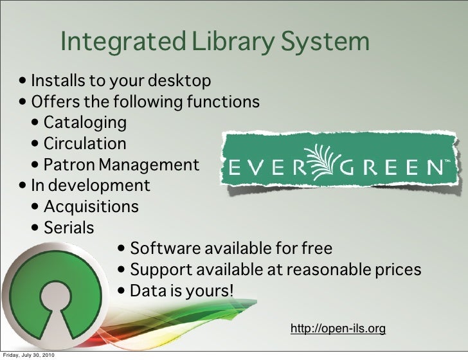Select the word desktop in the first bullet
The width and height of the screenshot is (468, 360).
point(181,82)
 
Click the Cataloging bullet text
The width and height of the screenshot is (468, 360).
point(85,122)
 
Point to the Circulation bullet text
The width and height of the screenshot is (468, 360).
point(85,143)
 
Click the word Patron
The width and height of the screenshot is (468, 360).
point(67,165)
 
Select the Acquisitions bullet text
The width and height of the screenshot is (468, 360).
point(91,207)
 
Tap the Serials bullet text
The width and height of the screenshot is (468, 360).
point(68,228)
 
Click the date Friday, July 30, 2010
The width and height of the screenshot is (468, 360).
point(32,355)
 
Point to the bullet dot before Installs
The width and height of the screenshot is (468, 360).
point(24,82)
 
